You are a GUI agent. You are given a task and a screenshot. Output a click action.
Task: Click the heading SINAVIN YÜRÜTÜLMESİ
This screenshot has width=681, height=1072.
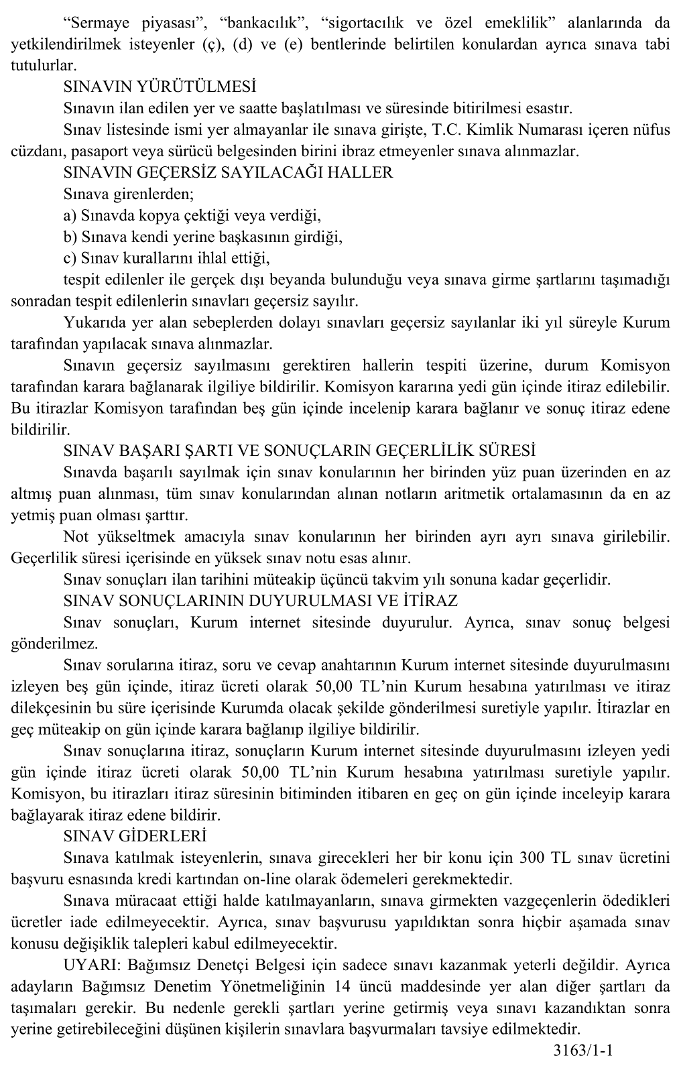tap(160, 87)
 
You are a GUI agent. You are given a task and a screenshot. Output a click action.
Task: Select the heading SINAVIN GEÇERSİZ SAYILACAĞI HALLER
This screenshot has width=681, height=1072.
tap(228, 173)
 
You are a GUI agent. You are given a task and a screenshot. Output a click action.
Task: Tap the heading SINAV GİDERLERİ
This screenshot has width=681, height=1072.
tap(135, 837)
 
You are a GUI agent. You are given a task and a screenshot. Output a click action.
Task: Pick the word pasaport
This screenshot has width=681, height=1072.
tap(91, 152)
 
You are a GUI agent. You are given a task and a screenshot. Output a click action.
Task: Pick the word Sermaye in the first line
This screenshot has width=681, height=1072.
tap(97, 23)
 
